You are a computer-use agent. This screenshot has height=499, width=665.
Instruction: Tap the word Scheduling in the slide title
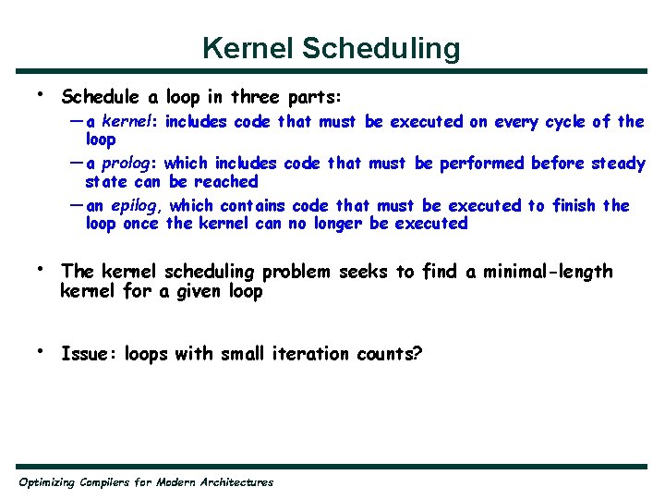click(x=382, y=48)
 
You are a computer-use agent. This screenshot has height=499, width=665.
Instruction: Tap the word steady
click(x=615, y=164)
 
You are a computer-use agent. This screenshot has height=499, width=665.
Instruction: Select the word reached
click(x=226, y=181)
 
